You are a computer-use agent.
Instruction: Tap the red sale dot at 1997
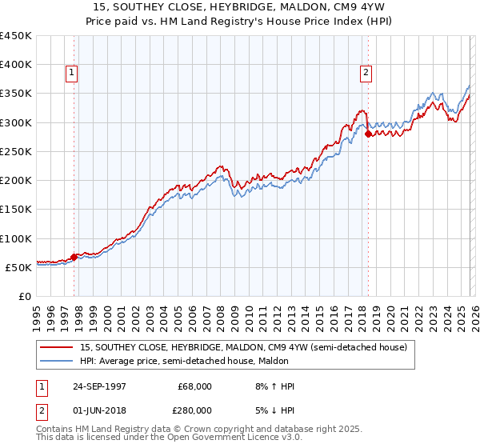74,257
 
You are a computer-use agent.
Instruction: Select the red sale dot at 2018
368,134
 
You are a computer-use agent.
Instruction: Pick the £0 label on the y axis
26,297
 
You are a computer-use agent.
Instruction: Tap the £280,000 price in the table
194,410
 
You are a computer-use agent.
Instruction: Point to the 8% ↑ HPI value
273,386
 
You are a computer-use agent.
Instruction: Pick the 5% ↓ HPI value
273,410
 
